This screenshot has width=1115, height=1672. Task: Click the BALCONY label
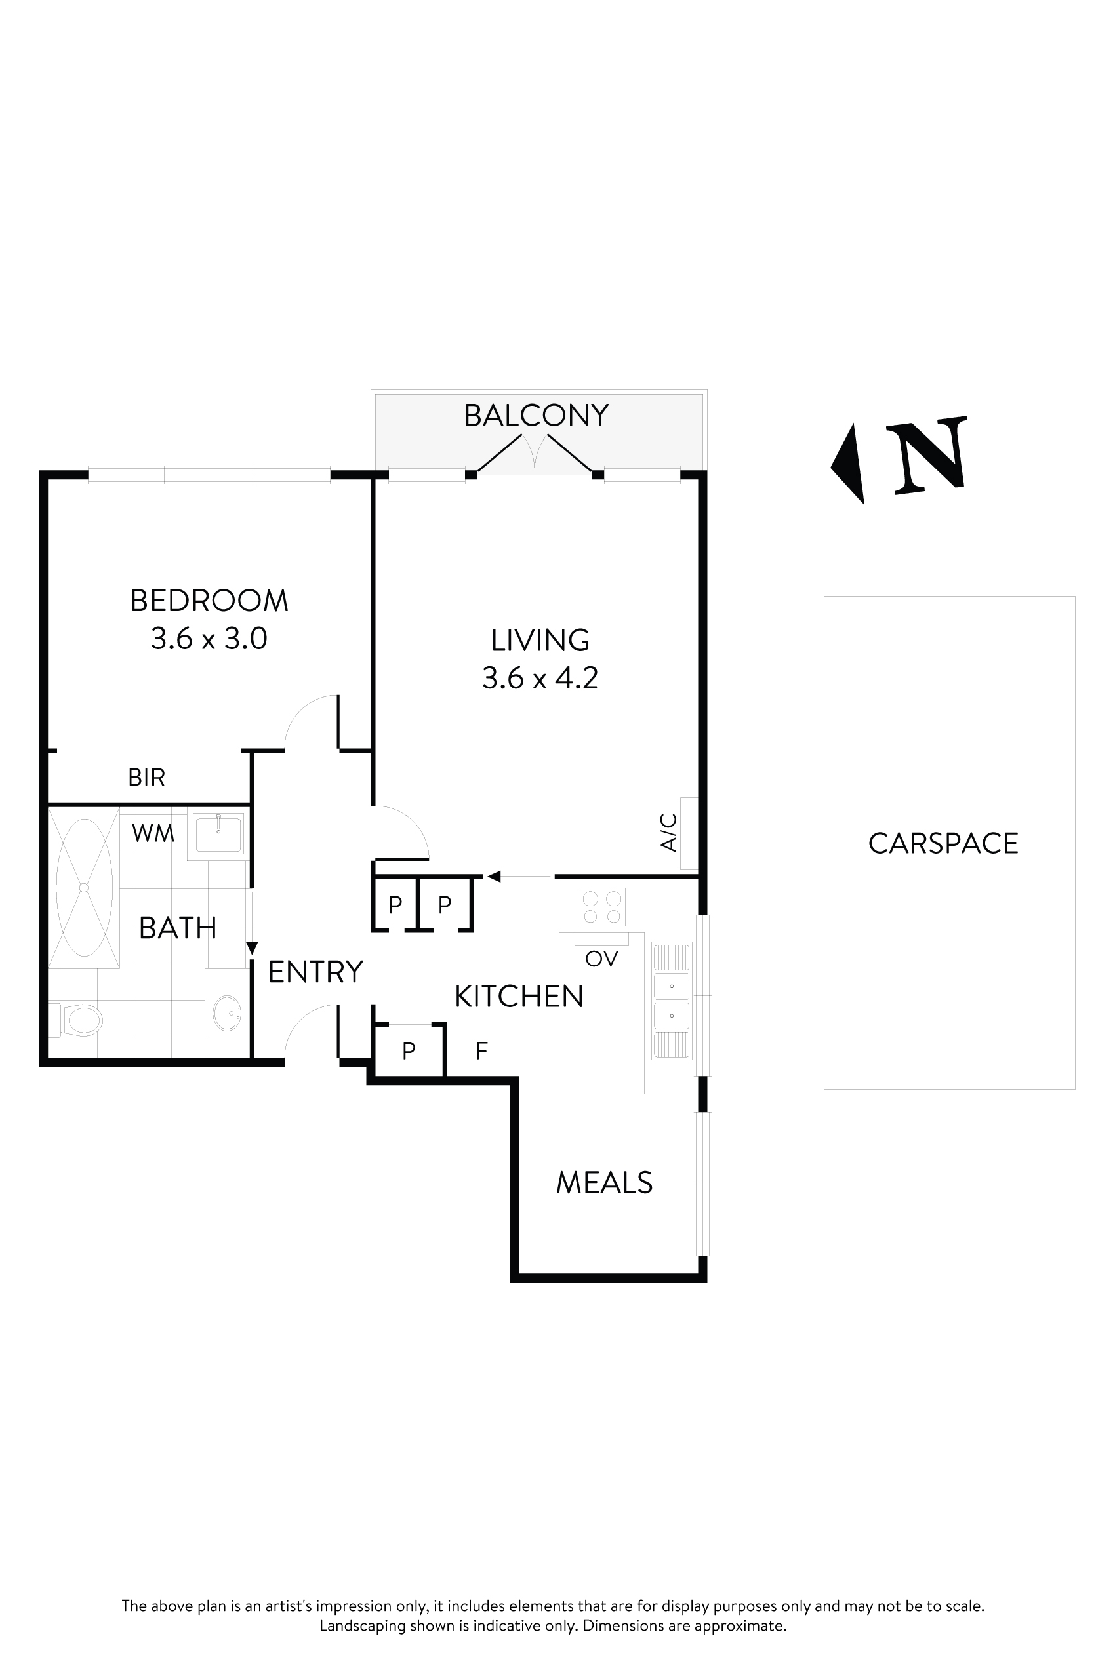(x=536, y=416)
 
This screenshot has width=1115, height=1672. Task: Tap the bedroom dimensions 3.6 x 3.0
(x=209, y=639)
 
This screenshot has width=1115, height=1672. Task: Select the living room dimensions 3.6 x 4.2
(x=540, y=678)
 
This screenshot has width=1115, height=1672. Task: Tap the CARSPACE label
(x=943, y=844)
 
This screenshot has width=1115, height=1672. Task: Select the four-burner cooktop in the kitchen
(x=601, y=907)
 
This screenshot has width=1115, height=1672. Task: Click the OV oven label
(x=601, y=959)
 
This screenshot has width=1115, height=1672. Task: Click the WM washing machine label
(x=153, y=833)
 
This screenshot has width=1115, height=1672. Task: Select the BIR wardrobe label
(x=146, y=778)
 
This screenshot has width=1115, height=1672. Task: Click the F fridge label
(x=481, y=1050)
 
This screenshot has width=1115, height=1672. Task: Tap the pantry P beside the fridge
(x=408, y=1050)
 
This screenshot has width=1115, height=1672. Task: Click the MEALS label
(x=603, y=1183)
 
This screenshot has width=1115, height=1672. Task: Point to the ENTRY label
(x=315, y=972)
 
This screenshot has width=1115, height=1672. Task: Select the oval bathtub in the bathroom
(x=84, y=887)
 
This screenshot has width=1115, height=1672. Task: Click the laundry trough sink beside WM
(x=218, y=833)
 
